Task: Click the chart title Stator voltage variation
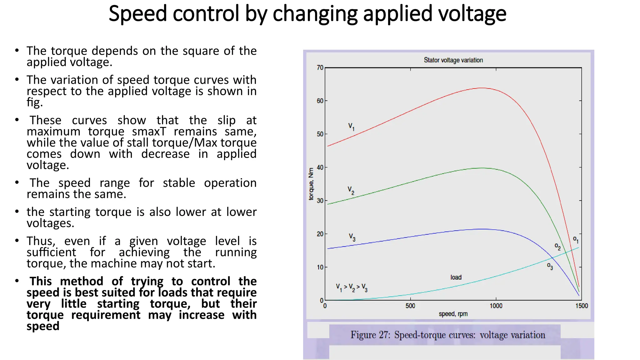(453, 60)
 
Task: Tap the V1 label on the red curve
(351, 127)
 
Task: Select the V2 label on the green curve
(351, 190)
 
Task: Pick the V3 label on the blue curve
(352, 237)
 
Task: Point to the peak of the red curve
(482, 88)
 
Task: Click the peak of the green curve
(482, 168)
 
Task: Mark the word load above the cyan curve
(456, 277)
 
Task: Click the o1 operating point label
(576, 240)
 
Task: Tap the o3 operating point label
(550, 266)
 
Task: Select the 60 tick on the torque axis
(320, 101)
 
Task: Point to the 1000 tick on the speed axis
(496, 306)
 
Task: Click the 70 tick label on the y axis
(320, 67)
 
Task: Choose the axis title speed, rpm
(453, 314)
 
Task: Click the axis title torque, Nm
(311, 184)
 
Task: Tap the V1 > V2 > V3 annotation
(352, 287)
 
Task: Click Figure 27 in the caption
(370, 335)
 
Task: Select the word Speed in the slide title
(137, 14)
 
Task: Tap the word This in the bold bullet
(41, 281)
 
